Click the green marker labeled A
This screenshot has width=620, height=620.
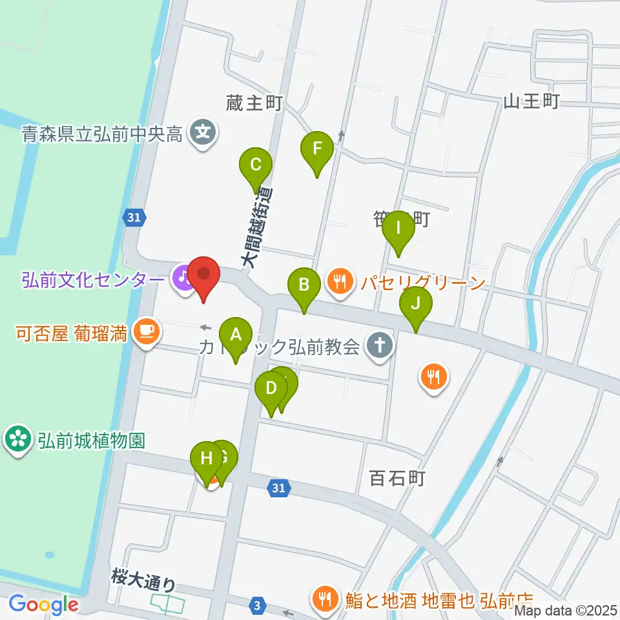point(236,335)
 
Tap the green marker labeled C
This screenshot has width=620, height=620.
point(256,165)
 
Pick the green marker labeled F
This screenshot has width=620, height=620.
point(317,149)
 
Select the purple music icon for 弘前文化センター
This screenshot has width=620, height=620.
point(183,278)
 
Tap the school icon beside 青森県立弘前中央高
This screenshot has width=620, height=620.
point(203,134)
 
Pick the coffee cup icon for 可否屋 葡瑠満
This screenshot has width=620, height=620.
point(147,333)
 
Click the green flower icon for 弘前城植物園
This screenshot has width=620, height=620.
point(17,440)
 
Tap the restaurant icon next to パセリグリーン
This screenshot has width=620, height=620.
point(340,281)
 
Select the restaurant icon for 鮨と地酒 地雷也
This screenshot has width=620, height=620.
point(323,598)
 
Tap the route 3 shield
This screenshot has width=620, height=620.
point(258,605)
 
